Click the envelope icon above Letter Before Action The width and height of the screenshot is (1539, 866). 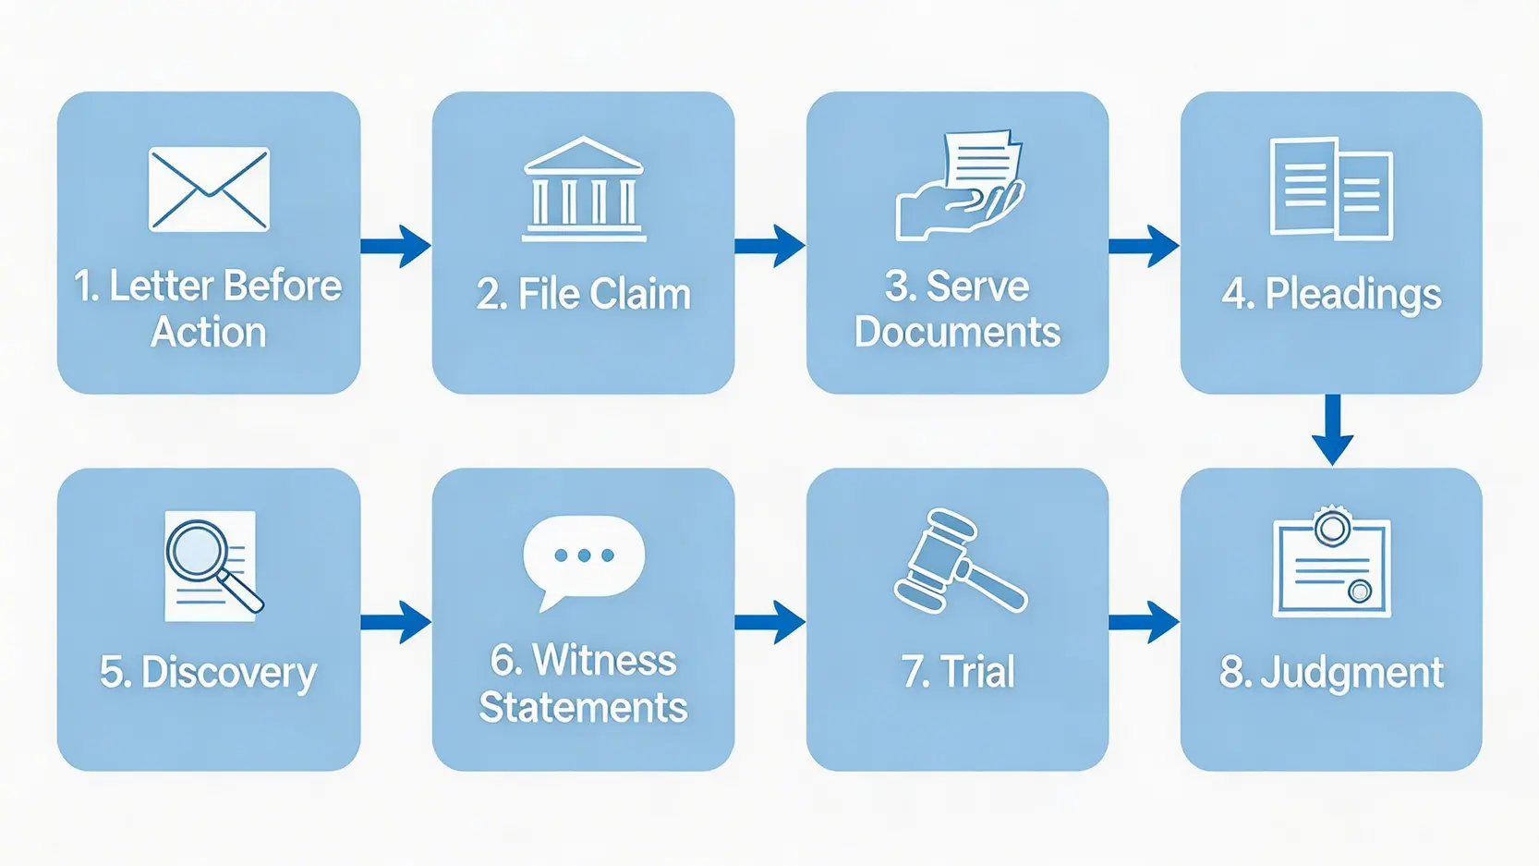pyautogui.click(x=209, y=189)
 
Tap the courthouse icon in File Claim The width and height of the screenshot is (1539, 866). pyautogui.click(x=583, y=189)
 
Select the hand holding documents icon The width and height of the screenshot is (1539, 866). pyautogui.click(x=960, y=186)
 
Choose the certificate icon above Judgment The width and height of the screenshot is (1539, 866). pyautogui.click(x=1331, y=563)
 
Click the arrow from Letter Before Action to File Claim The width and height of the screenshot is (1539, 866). pyautogui.click(x=395, y=246)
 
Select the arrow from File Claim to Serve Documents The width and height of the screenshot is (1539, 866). pyautogui.click(x=769, y=246)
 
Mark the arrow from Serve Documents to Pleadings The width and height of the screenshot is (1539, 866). pyautogui.click(x=1144, y=246)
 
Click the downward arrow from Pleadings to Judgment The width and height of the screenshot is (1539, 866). pyautogui.click(x=1332, y=430)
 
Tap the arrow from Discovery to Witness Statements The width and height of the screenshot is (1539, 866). pyautogui.click(x=395, y=622)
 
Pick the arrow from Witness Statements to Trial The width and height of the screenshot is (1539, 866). pyautogui.click(x=769, y=622)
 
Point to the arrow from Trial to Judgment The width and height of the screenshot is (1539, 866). pyautogui.click(x=1144, y=622)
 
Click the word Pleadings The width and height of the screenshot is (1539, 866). pyautogui.click(x=1352, y=295)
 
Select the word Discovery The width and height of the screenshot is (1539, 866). pyautogui.click(x=229, y=673)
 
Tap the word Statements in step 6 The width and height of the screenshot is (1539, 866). pyautogui.click(x=583, y=708)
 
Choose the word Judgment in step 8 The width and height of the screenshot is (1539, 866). pyautogui.click(x=1351, y=673)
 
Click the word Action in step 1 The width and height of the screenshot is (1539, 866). pyautogui.click(x=209, y=333)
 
